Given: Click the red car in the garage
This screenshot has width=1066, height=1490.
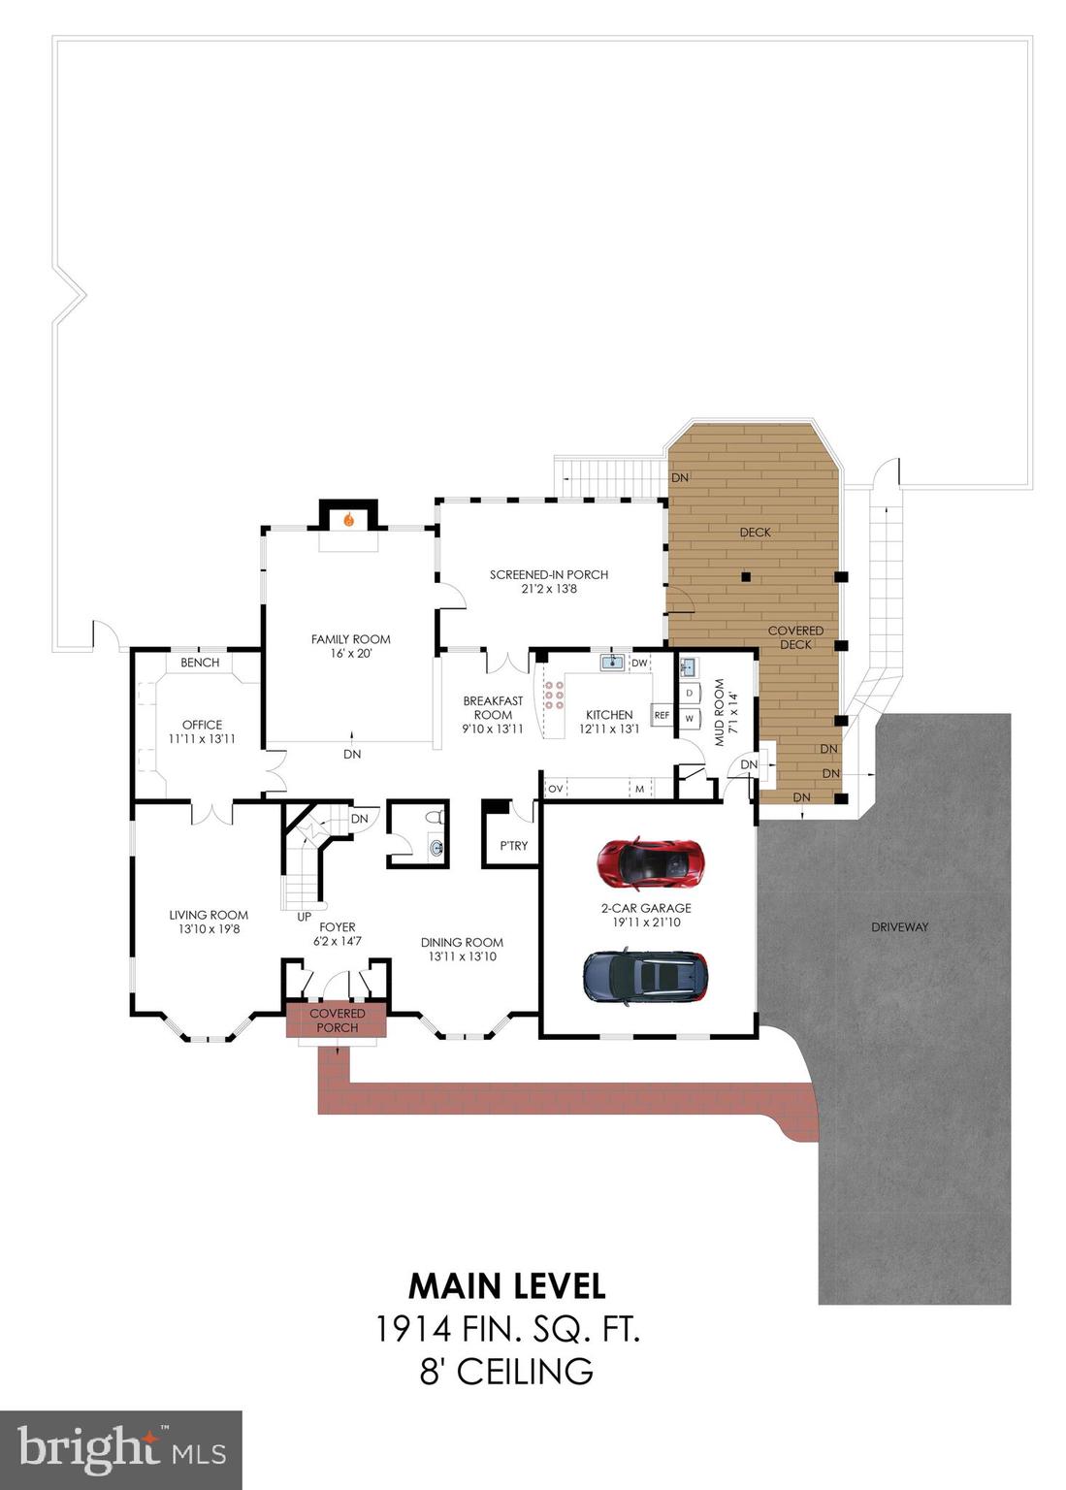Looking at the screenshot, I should click(650, 862).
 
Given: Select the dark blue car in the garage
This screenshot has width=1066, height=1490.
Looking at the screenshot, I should click(645, 975).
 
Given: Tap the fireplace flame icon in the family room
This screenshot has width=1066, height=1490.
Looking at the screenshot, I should click(348, 520).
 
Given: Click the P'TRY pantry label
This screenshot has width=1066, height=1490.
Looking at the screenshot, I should click(513, 846).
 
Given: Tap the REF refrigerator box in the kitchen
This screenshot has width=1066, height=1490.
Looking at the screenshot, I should click(662, 715).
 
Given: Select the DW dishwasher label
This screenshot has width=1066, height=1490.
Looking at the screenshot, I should click(639, 664).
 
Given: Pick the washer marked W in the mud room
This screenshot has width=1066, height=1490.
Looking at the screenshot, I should click(689, 719).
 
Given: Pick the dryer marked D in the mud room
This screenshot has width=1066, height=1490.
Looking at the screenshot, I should click(689, 694).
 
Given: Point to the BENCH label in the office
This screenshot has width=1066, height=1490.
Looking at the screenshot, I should click(200, 663).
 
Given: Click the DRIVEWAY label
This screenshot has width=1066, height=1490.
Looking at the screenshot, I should click(899, 927).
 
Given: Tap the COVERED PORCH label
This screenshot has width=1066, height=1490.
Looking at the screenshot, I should click(338, 1020).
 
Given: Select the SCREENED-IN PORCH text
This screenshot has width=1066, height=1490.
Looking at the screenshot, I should click(549, 575).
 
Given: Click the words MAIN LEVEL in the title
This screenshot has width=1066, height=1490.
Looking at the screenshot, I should click(506, 1286).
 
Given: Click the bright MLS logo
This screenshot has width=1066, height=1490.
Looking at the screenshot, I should click(121, 1450).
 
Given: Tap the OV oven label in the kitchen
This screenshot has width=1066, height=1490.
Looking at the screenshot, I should click(555, 789).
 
